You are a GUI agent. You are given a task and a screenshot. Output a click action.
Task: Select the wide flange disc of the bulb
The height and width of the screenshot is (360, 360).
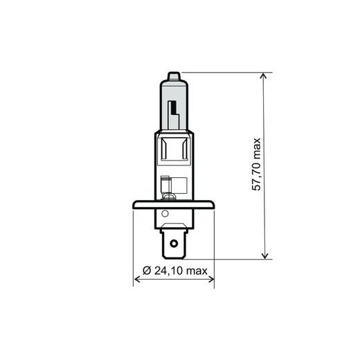173,204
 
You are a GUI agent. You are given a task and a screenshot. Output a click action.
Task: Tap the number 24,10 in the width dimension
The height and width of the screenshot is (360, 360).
168,269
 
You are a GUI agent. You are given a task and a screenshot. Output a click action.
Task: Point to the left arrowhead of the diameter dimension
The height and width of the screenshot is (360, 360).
136,280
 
